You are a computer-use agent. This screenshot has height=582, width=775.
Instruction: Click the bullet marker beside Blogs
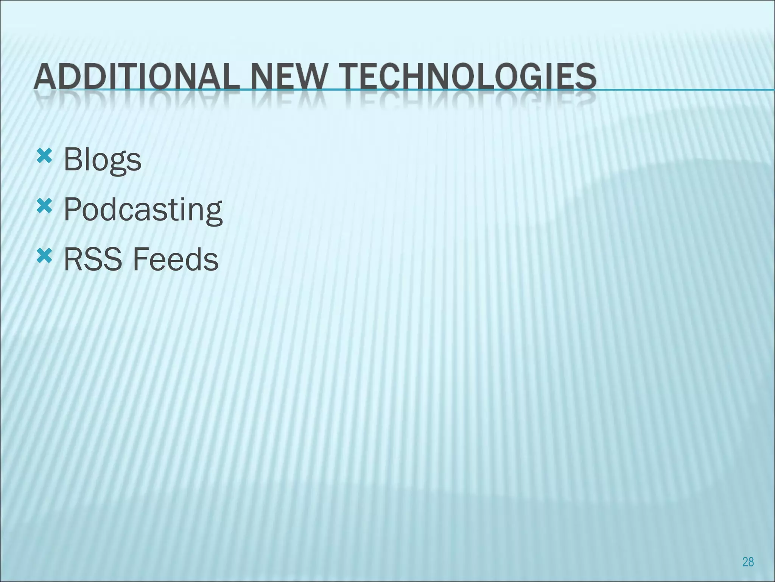coord(44,156)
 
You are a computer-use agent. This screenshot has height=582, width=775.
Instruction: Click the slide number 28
coord(748,562)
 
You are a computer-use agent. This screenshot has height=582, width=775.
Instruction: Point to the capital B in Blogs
coord(73,160)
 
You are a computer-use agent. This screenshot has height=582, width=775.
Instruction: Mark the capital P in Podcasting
coord(73,209)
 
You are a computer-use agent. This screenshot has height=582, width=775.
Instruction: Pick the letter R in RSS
coord(73,260)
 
